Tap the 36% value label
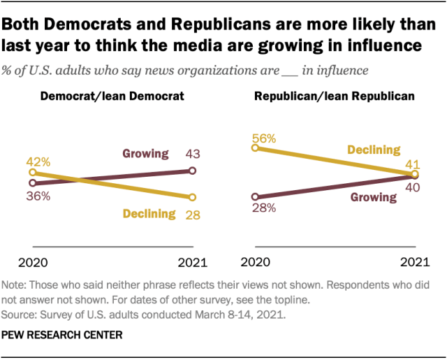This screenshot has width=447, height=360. pos(39,196)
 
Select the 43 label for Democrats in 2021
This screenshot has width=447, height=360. pos(192,154)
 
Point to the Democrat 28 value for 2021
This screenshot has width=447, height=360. pos(192,214)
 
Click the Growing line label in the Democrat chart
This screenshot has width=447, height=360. pos(146,154)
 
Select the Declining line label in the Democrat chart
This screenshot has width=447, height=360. pos(149,214)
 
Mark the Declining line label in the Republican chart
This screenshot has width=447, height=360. pos(373,150)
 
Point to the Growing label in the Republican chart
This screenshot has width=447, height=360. pos(373,197)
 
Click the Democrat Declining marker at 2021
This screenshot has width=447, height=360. pos(192,196)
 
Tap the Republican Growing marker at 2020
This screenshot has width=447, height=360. pos(256,196)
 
